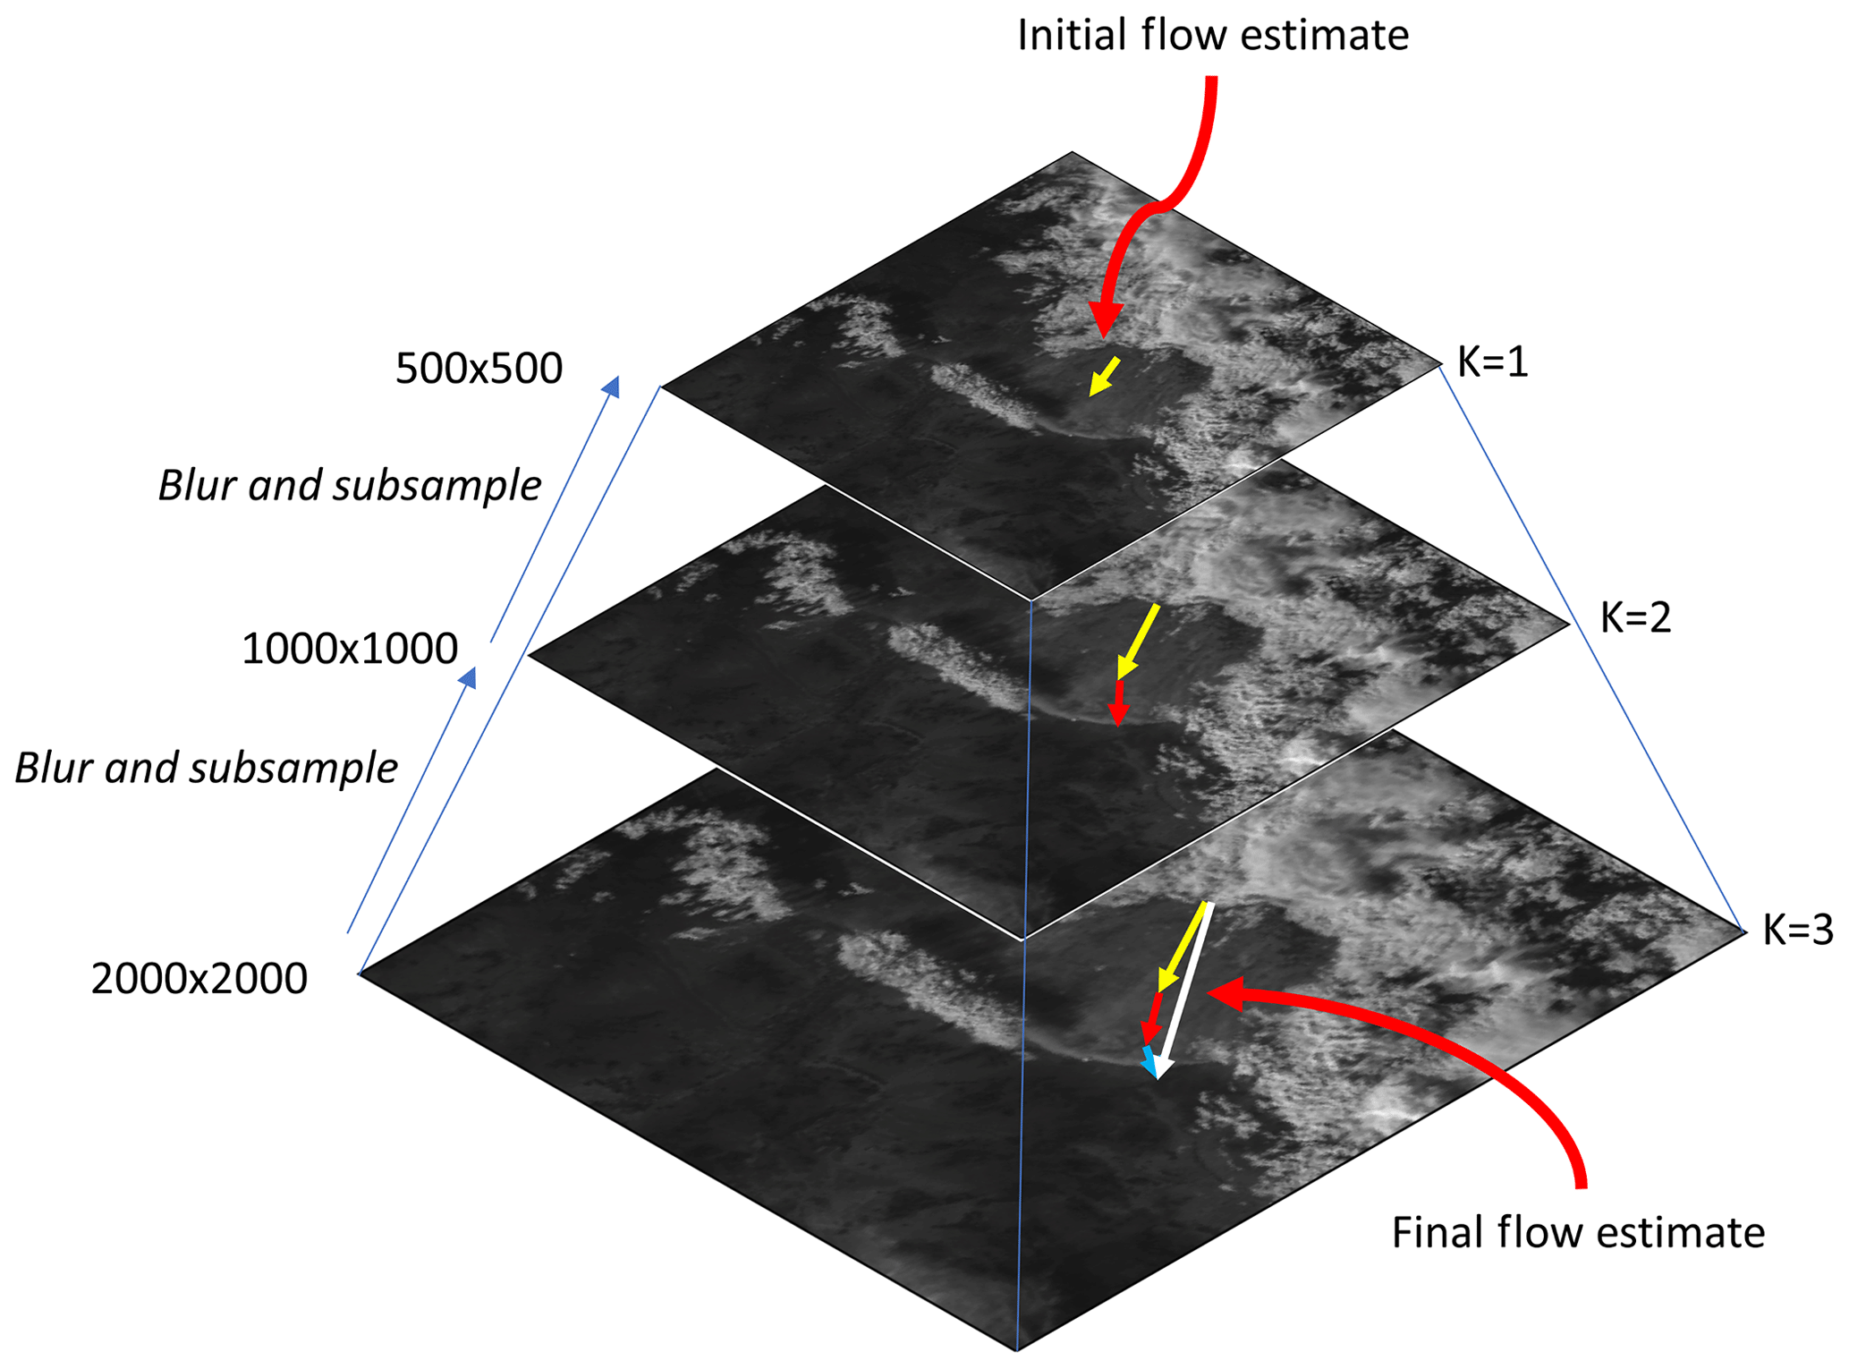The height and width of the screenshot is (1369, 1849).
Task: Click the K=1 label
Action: coord(1493,362)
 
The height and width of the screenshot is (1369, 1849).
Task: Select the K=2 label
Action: coord(1635,618)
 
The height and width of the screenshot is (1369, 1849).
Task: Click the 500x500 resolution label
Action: coord(479,369)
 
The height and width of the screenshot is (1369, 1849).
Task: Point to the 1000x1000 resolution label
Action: coord(350,649)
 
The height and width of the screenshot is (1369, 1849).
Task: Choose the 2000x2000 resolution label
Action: coord(199,979)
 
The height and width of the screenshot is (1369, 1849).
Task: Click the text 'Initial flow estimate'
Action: coord(1213,36)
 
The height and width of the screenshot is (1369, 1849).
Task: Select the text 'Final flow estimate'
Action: coord(1578,1233)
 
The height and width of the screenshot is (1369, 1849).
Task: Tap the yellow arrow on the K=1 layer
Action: coord(1104,376)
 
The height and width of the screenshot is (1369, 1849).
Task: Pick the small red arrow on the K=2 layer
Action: coord(1117,702)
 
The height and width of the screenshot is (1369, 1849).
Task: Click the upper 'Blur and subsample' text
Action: coord(350,486)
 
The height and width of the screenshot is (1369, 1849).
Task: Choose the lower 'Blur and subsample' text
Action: coord(207,769)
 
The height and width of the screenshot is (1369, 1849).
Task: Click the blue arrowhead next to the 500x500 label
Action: coord(612,386)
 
